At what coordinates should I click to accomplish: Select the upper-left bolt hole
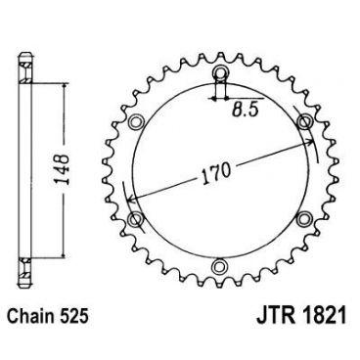136,121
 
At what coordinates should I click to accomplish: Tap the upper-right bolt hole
307,121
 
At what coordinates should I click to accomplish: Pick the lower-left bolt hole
136,216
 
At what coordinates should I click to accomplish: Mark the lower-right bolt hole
307,216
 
